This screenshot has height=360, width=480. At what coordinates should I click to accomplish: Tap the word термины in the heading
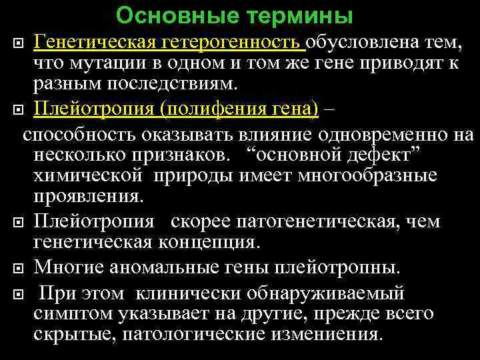(300, 15)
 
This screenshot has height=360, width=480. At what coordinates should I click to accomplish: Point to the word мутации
(97, 65)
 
